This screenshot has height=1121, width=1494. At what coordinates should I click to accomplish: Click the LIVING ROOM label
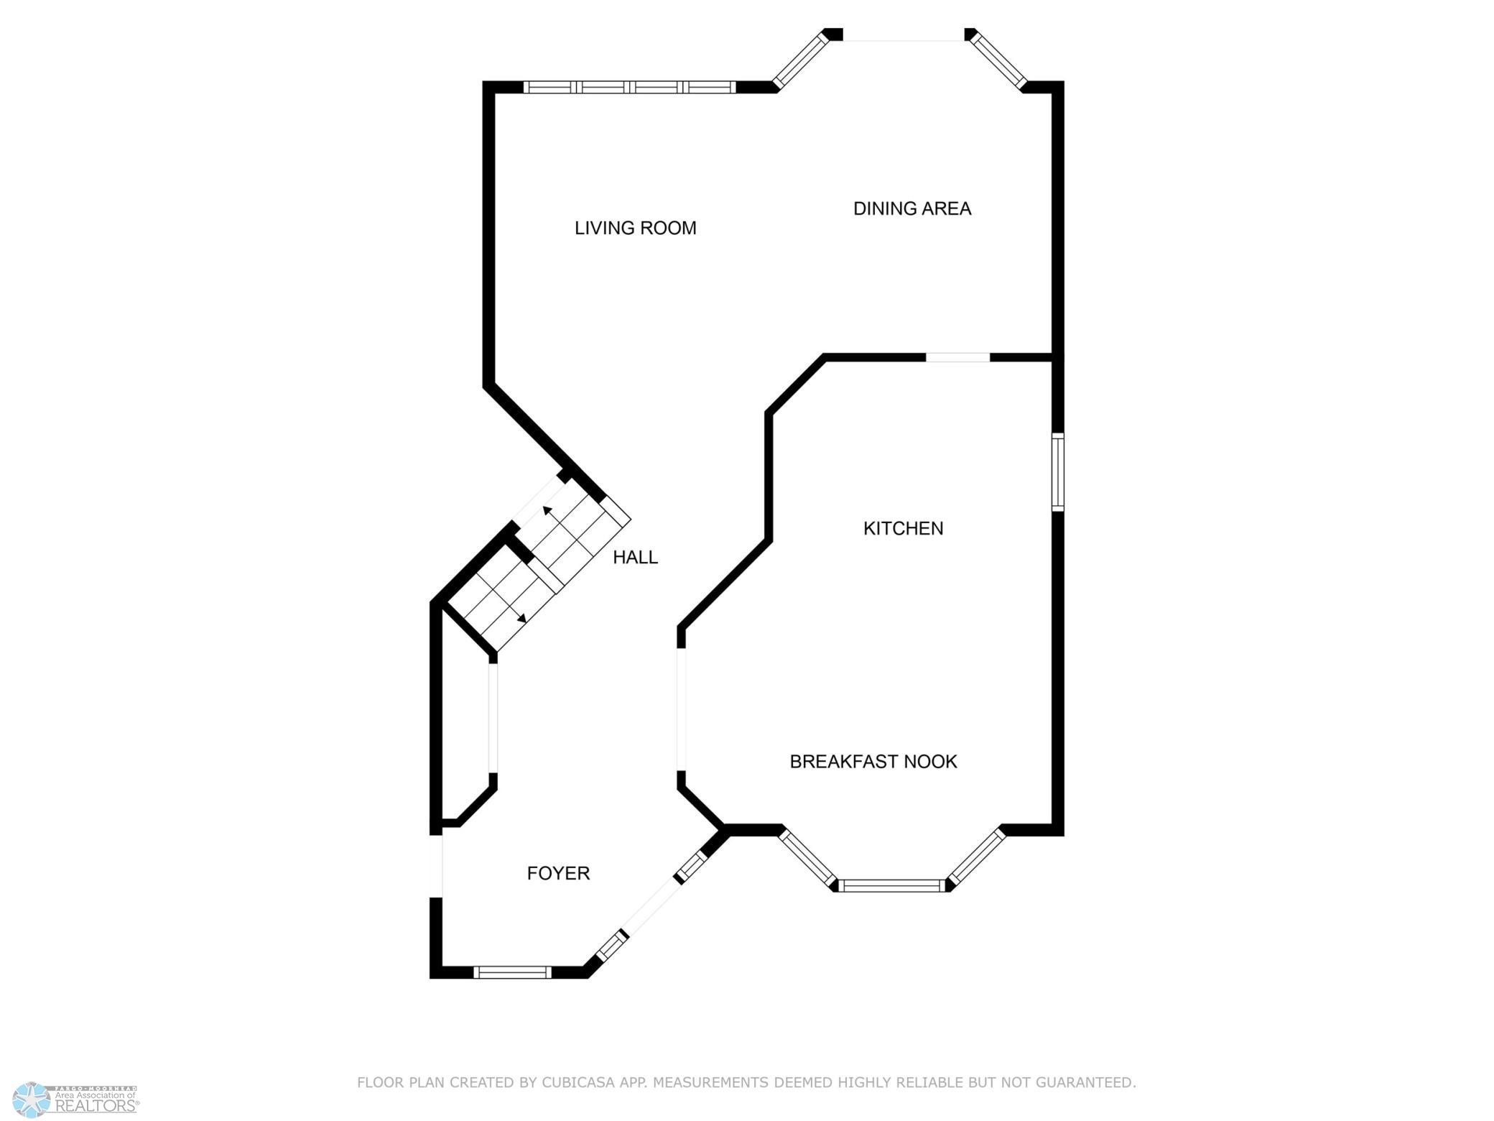(x=635, y=228)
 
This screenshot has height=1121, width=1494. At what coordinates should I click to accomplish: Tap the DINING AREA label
(x=912, y=208)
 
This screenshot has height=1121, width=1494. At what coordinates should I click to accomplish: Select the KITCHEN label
(x=903, y=528)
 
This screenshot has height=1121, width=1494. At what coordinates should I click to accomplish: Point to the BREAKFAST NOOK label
(x=873, y=761)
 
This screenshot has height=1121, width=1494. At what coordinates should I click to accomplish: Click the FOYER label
(x=558, y=873)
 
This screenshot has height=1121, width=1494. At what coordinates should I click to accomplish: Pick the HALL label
(x=635, y=557)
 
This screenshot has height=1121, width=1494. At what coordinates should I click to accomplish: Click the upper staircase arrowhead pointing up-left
(x=547, y=511)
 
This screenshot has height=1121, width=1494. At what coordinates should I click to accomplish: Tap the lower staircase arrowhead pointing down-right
(x=522, y=617)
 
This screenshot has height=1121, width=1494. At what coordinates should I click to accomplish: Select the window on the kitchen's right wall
(x=1057, y=472)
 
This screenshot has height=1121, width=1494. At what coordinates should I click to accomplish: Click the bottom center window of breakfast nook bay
(x=892, y=885)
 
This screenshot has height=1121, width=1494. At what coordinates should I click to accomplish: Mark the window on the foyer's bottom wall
(x=512, y=972)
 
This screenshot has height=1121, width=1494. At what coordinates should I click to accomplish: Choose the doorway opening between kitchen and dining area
(x=958, y=357)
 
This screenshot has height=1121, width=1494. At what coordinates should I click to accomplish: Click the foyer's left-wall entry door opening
(x=436, y=867)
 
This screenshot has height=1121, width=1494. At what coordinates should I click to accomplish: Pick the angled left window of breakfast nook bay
(x=809, y=857)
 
